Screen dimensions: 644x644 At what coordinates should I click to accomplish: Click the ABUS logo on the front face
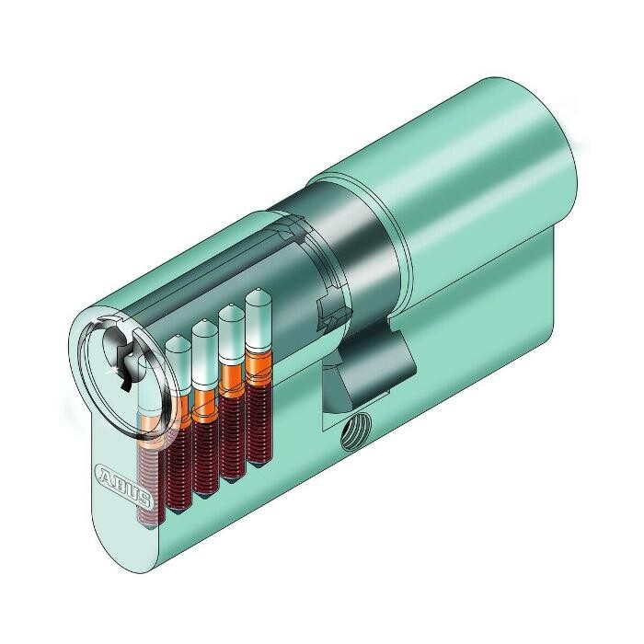point(123,485)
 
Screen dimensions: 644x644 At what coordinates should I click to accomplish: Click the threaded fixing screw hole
point(356,431)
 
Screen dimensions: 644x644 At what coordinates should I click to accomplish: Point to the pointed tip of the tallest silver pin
point(258,290)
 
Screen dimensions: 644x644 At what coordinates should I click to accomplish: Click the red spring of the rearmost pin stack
point(259,425)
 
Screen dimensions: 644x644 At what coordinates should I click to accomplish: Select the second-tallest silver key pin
point(232,333)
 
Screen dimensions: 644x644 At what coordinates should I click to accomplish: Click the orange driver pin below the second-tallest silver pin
point(232,381)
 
